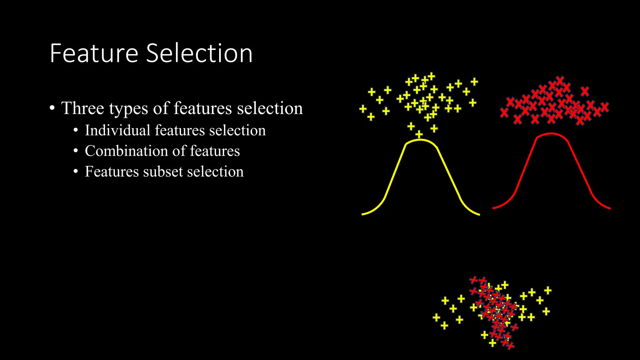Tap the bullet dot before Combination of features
tap(76, 151)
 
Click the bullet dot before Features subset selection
tap(76, 172)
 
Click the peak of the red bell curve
tap(551, 134)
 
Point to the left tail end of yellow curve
tap(363, 214)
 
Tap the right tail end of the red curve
tap(609, 208)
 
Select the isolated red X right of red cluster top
tap(585, 92)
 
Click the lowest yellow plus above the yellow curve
tap(419, 134)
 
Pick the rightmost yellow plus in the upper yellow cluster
tap(474, 82)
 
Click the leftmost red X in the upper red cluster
tap(504, 112)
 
